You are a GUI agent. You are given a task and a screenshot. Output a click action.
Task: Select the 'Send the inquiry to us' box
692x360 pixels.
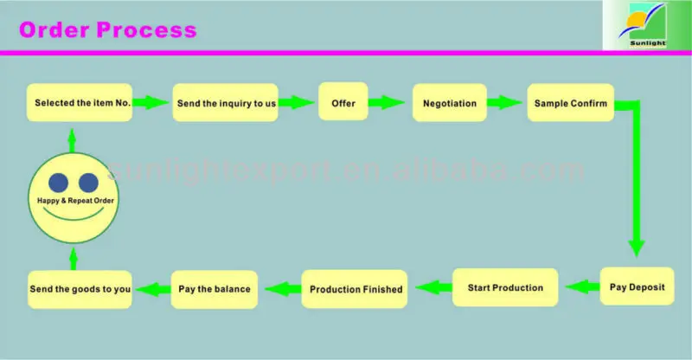click(226, 103)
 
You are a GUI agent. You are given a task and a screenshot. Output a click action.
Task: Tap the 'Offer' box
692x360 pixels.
click(343, 103)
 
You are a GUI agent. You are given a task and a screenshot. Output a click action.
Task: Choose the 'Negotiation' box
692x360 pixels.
click(449, 103)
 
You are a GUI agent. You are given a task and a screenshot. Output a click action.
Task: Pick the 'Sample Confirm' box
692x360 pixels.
click(570, 103)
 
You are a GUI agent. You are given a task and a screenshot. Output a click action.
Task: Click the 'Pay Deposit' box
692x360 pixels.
click(637, 286)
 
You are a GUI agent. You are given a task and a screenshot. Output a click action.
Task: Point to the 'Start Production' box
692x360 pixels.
click(505, 287)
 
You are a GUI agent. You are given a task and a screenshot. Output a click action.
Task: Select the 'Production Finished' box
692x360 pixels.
click(356, 289)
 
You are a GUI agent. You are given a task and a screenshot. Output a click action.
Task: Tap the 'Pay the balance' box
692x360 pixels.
click(215, 289)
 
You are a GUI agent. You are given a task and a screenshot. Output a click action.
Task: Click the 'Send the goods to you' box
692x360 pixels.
click(80, 289)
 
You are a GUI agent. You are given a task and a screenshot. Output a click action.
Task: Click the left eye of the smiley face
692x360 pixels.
click(58, 183)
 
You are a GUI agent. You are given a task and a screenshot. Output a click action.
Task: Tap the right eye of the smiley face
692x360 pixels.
click(88, 183)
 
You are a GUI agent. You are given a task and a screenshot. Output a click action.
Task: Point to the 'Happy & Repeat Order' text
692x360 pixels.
click(74, 201)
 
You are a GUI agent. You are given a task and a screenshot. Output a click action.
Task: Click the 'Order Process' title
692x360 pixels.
click(108, 30)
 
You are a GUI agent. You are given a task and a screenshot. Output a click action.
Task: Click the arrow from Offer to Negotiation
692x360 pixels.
click(386, 103)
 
